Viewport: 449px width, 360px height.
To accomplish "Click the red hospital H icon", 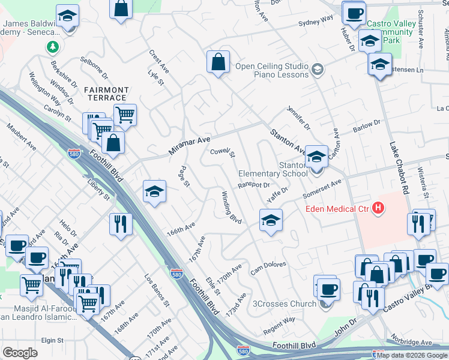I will click(378, 208).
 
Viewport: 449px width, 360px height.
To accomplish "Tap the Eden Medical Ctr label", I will click(337, 209).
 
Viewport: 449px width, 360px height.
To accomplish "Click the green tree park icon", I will click(53, 46).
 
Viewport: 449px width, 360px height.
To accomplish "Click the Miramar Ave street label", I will click(189, 146).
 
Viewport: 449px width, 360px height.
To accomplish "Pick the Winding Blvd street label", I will click(232, 208).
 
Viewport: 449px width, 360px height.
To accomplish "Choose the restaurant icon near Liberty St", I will click(121, 224).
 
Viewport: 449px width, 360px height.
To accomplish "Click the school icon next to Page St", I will click(154, 191).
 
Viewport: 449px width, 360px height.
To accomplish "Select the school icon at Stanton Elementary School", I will click(316, 157).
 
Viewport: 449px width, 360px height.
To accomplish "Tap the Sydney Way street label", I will click(316, 22).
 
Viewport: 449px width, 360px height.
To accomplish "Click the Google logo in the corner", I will click(20, 353).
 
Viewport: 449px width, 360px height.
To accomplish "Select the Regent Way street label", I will click(280, 323).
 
